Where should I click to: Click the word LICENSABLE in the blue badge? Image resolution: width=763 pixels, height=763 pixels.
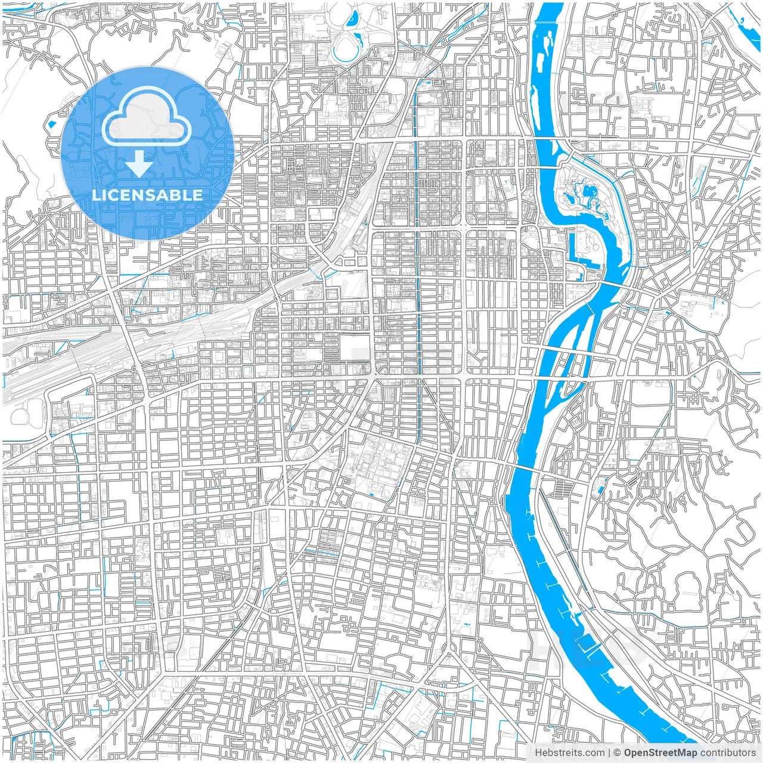pos(147,195)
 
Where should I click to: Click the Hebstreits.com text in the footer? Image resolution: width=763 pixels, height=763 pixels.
pos(569,753)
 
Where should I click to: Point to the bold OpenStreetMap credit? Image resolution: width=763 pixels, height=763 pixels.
pos(660,753)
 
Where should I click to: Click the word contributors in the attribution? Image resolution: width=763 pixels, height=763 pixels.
pos(728,753)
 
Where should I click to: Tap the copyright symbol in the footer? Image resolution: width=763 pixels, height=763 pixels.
pos(618,753)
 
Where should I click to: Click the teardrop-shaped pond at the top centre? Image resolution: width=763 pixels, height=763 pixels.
pos(352,18)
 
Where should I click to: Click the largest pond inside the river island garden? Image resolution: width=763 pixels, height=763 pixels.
pos(590,192)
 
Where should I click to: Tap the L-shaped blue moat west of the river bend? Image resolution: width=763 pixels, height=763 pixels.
pos(577,250)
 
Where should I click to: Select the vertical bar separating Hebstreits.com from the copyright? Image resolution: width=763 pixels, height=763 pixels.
pos(608,753)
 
